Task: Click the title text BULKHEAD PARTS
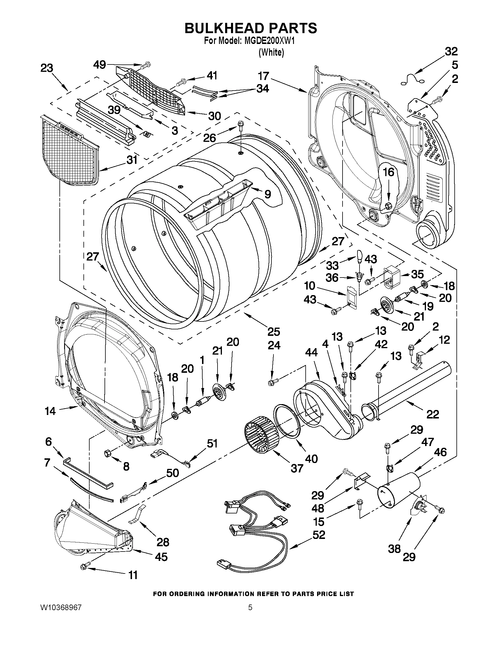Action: [x=251, y=28]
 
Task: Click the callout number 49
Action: [x=100, y=64]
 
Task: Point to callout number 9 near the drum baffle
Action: [x=267, y=194]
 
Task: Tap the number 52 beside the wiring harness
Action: [x=319, y=535]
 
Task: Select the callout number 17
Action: [x=263, y=76]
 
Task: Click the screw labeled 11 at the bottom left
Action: [x=83, y=566]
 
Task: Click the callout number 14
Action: [x=50, y=411]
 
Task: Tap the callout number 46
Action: [x=440, y=452]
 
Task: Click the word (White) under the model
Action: [x=271, y=52]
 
